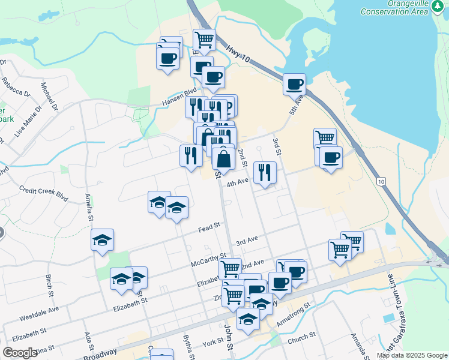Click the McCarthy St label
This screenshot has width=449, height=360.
208,259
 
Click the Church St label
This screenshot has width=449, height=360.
301,340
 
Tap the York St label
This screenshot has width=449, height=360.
212,342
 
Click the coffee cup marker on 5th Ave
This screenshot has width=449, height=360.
294,84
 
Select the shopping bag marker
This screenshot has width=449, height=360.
223,159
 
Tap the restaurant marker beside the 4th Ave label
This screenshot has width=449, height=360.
265,172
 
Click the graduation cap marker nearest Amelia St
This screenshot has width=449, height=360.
103,240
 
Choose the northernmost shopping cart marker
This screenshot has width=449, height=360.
205,40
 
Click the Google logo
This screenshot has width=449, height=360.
20,353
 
